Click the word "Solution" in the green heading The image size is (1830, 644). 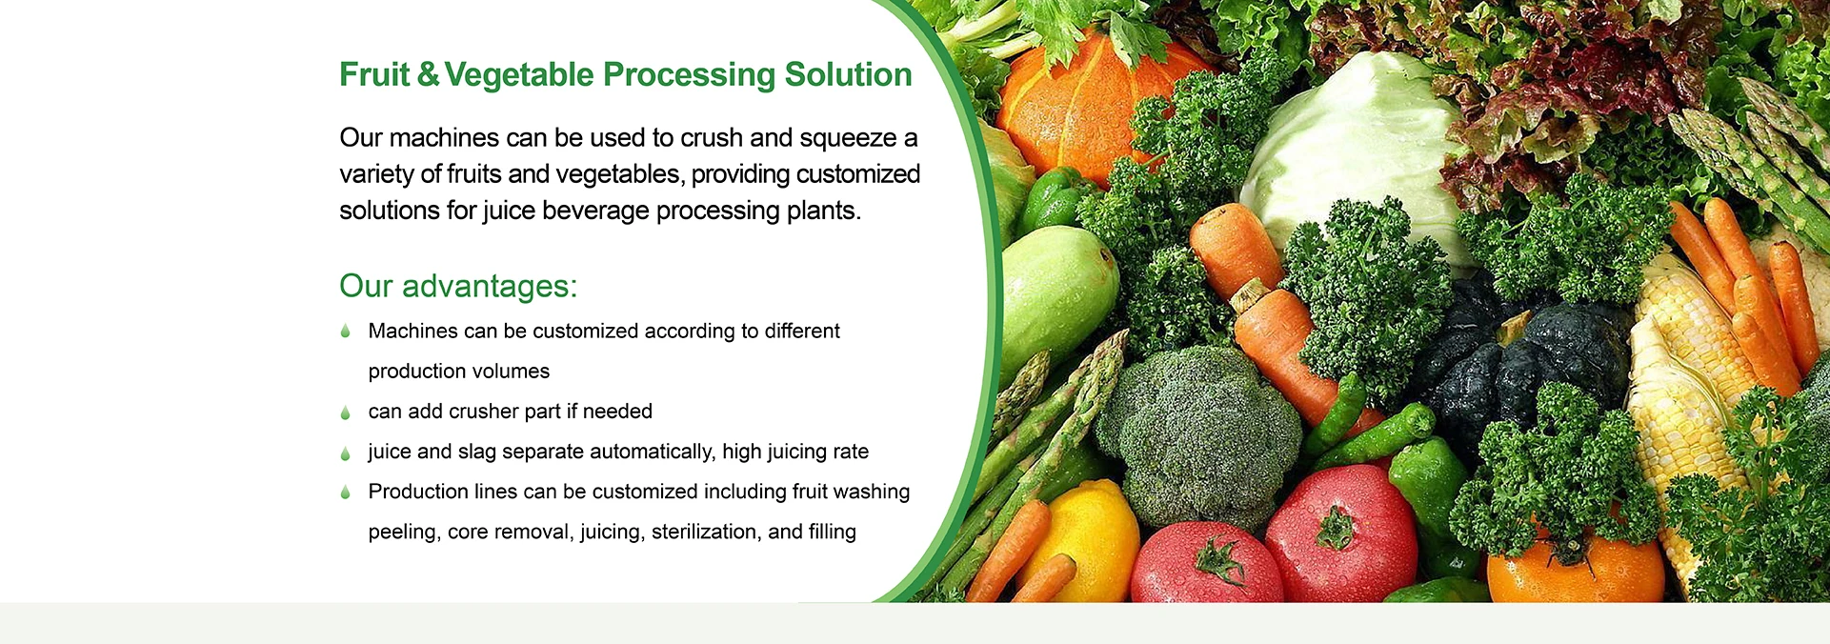[x=848, y=74]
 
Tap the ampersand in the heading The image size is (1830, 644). [x=428, y=74]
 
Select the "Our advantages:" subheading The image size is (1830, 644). [x=458, y=286]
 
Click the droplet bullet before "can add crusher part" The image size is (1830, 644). [x=345, y=413]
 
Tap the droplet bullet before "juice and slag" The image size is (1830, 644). [x=345, y=453]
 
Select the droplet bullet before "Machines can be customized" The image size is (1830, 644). [x=345, y=332]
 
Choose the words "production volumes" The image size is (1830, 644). [x=459, y=372]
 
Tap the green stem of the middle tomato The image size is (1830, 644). [x=1219, y=558]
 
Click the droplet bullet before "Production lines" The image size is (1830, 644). [x=345, y=493]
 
